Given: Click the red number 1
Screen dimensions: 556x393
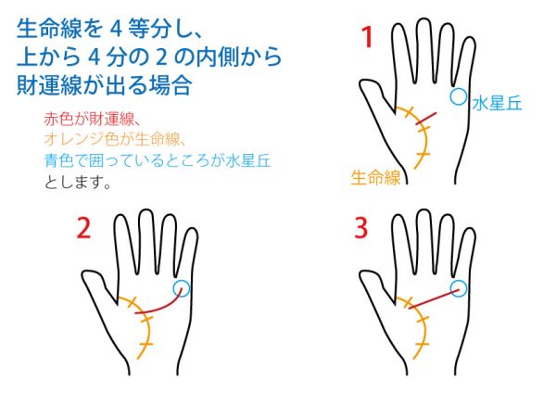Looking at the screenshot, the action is click(367, 37).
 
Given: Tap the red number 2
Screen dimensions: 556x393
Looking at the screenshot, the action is click(83, 227).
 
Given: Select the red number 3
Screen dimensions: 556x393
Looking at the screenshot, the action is click(361, 227).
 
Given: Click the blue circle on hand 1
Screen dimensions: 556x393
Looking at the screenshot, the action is click(459, 96).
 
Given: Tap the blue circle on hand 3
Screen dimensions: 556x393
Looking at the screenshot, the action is click(459, 288).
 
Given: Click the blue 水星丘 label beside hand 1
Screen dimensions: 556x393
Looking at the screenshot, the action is click(497, 104).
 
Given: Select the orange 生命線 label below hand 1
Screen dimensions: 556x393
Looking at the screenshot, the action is click(375, 177).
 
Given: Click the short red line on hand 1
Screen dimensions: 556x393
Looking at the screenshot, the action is click(426, 119).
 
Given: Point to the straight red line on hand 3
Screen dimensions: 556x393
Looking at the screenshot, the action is click(434, 299).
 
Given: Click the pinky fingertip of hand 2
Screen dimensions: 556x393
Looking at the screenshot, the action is click(192, 231).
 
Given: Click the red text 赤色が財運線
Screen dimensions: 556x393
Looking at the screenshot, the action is click(90, 119).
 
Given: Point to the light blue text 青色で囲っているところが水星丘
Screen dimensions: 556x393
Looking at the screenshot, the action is click(158, 160).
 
